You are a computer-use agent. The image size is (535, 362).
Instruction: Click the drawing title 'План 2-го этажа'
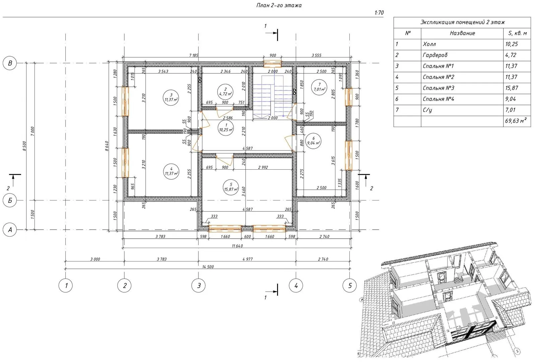[x=279, y=5]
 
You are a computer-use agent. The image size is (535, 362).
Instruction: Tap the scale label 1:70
[x=379, y=13]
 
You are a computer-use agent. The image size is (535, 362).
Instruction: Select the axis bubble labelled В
[x=10, y=63]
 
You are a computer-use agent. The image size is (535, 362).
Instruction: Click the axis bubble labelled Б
[x=10, y=200]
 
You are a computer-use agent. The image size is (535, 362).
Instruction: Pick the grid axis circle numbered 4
[x=296, y=285]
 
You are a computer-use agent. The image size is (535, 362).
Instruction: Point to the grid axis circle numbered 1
[x=66, y=285]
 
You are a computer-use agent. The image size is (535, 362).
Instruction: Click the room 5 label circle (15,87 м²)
[x=231, y=187]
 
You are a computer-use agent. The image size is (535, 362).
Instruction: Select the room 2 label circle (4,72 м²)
[x=225, y=92]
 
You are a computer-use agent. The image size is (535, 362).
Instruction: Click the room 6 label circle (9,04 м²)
[x=313, y=141]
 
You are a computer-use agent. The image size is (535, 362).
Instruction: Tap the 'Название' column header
[x=462, y=33]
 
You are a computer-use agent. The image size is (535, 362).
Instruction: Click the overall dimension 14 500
[x=208, y=267]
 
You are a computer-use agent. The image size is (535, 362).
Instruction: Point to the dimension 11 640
[x=237, y=246]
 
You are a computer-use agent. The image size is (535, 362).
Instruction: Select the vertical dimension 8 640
[x=107, y=146]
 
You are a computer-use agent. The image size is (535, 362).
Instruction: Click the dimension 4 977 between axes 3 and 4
[x=248, y=259]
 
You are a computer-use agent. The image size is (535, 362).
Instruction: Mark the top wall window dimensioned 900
[x=272, y=64]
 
